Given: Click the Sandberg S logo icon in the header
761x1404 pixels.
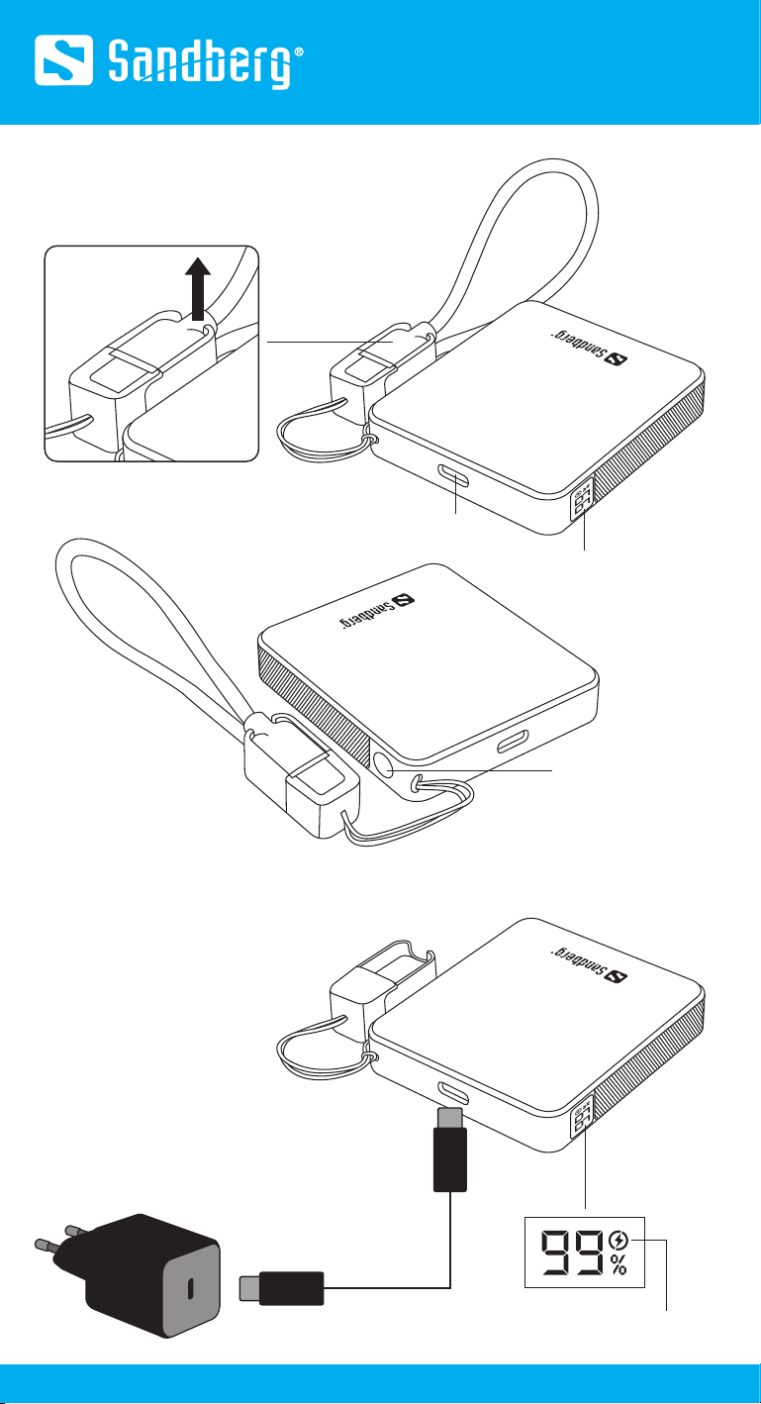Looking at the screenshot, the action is [x=64, y=60].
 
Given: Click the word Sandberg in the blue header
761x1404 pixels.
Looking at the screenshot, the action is [x=200, y=64].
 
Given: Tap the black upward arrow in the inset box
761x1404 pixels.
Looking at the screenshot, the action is [x=198, y=288].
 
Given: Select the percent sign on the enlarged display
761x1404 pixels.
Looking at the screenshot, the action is [x=618, y=1264].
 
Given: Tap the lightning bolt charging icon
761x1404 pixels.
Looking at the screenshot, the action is [x=618, y=1240].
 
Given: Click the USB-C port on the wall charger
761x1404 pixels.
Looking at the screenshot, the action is [x=191, y=1287].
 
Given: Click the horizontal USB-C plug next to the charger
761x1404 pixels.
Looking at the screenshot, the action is [x=281, y=1288].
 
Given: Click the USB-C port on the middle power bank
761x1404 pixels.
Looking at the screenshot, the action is [x=513, y=743].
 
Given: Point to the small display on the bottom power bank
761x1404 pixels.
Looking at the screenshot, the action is [x=582, y=1116].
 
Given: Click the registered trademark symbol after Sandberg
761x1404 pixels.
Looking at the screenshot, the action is [x=299, y=52].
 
